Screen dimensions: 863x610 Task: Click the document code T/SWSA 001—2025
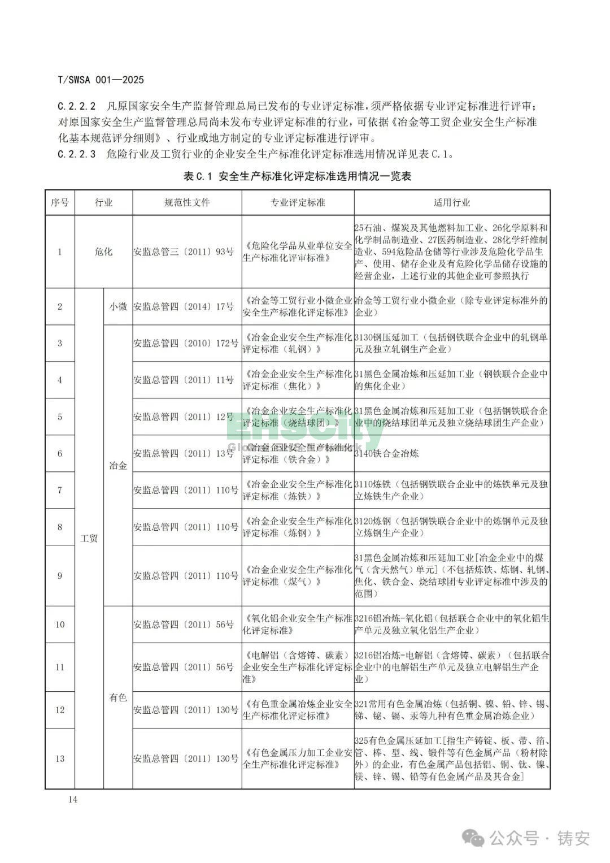pos(101,80)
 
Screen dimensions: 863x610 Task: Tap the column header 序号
pos(60,202)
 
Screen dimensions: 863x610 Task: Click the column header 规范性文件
pos(187,202)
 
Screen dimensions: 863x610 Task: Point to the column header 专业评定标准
pos(298,202)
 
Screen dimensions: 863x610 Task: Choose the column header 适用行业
pos(452,202)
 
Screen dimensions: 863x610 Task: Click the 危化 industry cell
pos(103,251)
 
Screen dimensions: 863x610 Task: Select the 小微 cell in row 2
pos(118,306)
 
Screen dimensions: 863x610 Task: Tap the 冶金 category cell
pos(118,466)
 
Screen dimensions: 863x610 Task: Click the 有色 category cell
pos(118,697)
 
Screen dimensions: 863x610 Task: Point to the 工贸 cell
pos(89,538)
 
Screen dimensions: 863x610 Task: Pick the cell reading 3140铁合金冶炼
pos(387,453)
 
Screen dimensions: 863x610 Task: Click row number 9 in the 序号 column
pos(60,576)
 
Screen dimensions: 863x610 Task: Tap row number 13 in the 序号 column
pos(60,758)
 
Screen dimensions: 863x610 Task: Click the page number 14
pos(72,799)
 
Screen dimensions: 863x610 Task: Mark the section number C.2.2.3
pos(77,154)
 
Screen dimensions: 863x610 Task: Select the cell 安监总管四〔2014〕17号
pos(184,306)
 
